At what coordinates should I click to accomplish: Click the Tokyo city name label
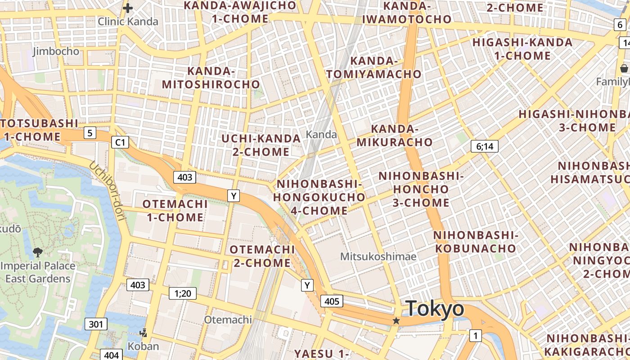click(x=435, y=309)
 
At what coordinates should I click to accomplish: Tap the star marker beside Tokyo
click(x=396, y=321)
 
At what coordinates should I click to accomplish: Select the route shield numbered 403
click(x=185, y=177)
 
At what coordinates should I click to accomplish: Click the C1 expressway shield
click(x=120, y=143)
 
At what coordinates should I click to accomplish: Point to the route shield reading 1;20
click(x=183, y=294)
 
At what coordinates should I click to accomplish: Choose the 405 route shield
click(x=332, y=301)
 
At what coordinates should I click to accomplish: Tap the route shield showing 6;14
click(x=484, y=146)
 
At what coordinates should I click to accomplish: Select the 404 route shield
click(x=111, y=355)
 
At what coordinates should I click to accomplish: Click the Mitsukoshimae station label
click(x=378, y=256)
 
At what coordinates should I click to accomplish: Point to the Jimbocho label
click(x=56, y=51)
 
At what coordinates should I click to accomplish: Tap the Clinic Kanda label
click(x=128, y=22)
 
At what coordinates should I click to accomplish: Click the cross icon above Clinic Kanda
click(x=128, y=8)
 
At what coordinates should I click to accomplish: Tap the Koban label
click(x=144, y=346)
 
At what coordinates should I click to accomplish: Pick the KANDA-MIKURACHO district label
click(x=395, y=135)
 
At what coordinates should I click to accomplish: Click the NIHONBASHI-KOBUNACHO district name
click(x=475, y=242)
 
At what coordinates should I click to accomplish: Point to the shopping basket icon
click(x=624, y=68)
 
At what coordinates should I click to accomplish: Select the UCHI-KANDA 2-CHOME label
click(x=261, y=145)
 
